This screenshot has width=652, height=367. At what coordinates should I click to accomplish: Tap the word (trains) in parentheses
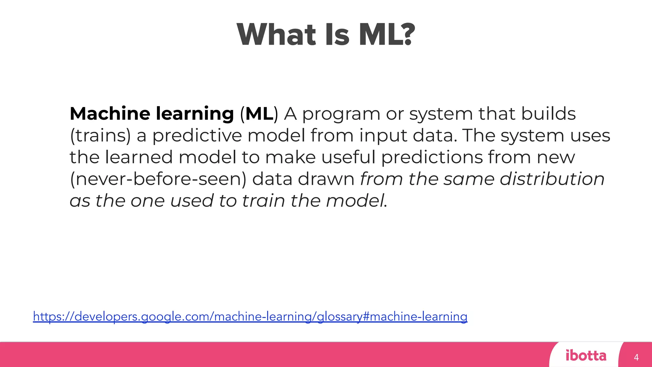100,136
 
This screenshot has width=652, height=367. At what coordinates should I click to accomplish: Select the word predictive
197,136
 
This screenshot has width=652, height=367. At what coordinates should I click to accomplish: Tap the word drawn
326,179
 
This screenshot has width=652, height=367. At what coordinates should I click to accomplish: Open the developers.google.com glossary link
250,317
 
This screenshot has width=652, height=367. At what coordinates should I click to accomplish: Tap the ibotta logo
586,356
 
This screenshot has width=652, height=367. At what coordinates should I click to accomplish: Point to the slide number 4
636,357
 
